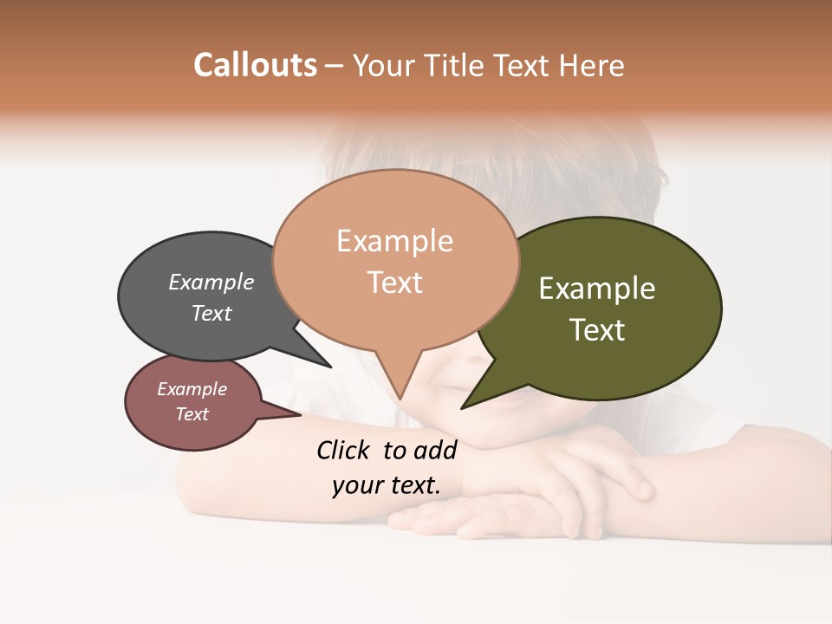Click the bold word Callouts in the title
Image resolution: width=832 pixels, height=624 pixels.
click(x=255, y=65)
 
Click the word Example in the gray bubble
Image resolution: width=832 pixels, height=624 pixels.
click(x=211, y=282)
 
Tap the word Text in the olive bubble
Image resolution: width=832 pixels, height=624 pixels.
click(x=597, y=329)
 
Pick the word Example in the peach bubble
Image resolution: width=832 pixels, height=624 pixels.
click(x=394, y=241)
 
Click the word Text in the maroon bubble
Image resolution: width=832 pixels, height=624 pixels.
click(x=192, y=414)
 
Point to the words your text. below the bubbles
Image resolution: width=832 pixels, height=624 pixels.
click(x=387, y=485)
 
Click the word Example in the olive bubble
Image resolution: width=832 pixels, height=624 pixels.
click(x=597, y=288)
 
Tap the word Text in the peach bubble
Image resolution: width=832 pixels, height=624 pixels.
click(x=395, y=283)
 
